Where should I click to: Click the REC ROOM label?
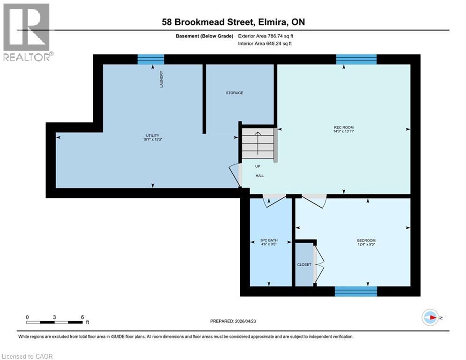pyautogui.click(x=344, y=127)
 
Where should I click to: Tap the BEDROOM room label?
pyautogui.click(x=366, y=241)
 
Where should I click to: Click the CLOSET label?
pyautogui.click(x=304, y=265)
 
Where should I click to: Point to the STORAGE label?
pyautogui.click(x=235, y=93)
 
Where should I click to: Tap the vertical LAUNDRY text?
pyautogui.click(x=161, y=79)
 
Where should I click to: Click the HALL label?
pyautogui.click(x=259, y=176)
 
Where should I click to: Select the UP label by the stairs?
pyautogui.click(x=258, y=166)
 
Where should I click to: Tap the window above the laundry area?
pyautogui.click(x=151, y=59)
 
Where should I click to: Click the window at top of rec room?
pyautogui.click(x=356, y=59)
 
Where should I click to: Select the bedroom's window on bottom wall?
pyautogui.click(x=356, y=292)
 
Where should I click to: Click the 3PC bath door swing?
pyautogui.click(x=273, y=200)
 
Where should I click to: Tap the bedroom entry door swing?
pyautogui.click(x=314, y=200)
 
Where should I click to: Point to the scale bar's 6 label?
pyautogui.click(x=82, y=317)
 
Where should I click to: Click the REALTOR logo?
pyautogui.click(x=27, y=32)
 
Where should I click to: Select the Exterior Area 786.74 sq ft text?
pyautogui.click(x=266, y=36)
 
